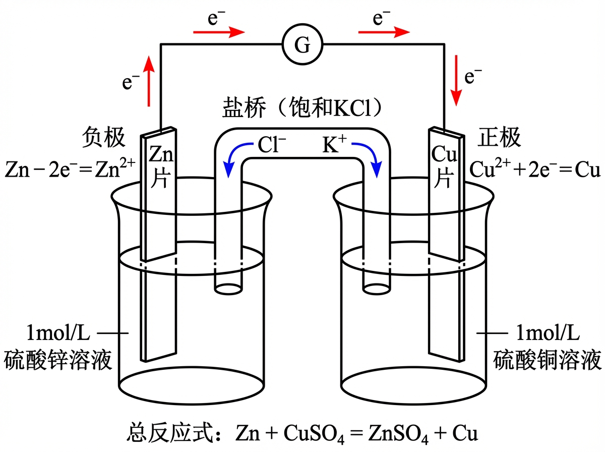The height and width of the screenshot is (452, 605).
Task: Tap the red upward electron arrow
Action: pos(149,81)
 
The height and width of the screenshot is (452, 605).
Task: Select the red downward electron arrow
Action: pos(457,81)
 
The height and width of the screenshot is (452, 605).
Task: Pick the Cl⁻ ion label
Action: pos(272,146)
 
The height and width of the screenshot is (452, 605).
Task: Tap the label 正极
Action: pos(499,138)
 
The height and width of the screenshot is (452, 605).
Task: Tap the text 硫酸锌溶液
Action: pos(57,360)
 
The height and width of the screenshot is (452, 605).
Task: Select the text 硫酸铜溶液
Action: pos(547,360)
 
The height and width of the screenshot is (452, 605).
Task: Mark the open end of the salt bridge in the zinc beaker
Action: pos(227,289)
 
